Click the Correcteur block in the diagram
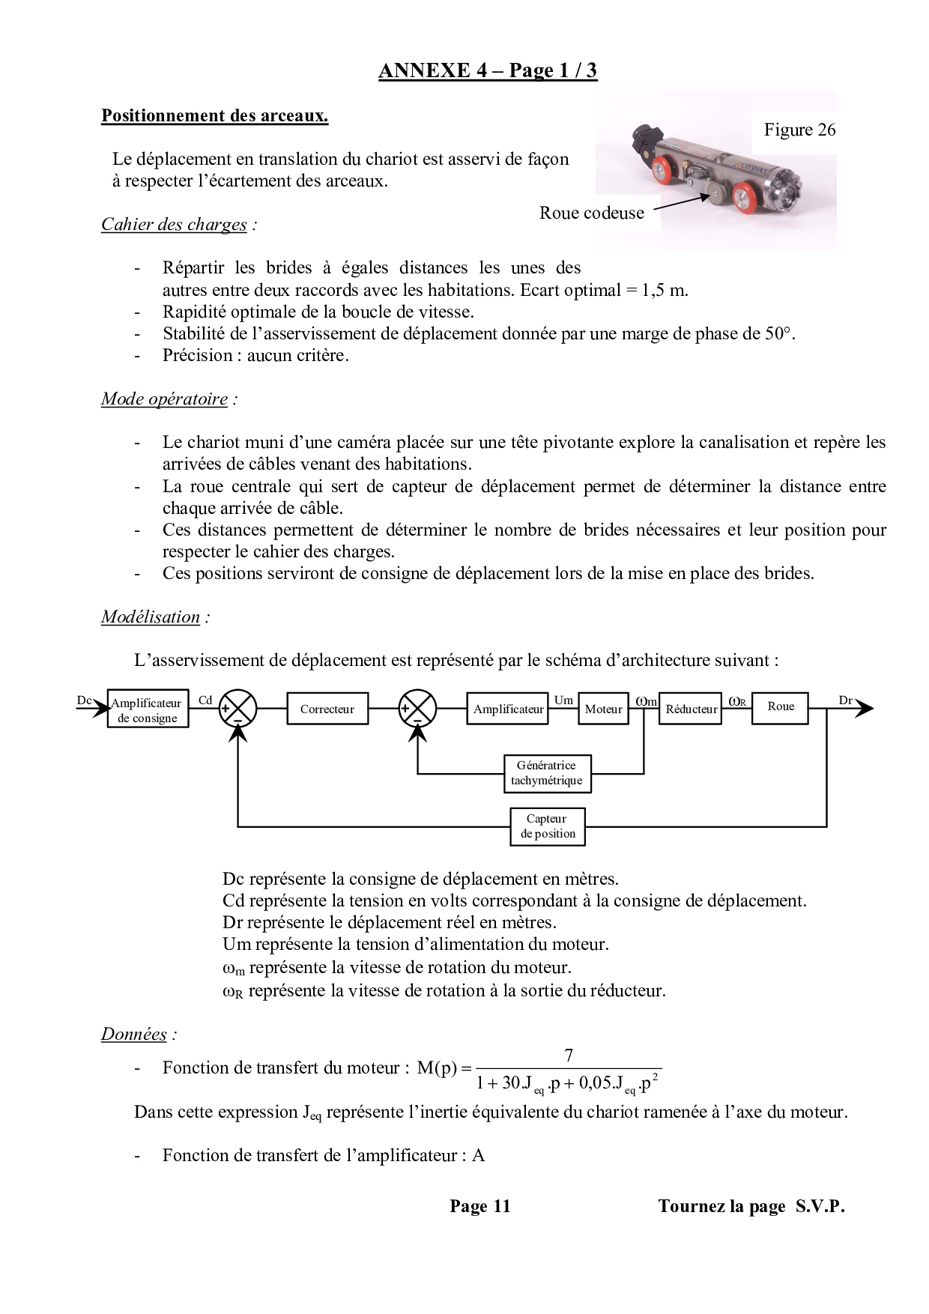click(327, 709)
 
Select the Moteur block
click(603, 709)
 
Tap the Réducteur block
click(691, 709)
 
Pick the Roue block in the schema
click(781, 706)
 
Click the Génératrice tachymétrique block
click(547, 773)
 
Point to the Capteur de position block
click(548, 826)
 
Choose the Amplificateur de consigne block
click(147, 710)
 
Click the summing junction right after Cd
click(237, 708)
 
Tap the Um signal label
click(563, 700)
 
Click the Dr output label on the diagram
click(845, 700)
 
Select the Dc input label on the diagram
click(84, 700)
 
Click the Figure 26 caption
click(799, 130)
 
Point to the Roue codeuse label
click(591, 213)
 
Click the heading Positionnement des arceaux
click(214, 116)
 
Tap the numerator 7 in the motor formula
click(569, 1056)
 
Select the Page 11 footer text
click(479, 1206)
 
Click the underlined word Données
click(134, 1035)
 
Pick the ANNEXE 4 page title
click(488, 70)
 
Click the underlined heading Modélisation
click(151, 617)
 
